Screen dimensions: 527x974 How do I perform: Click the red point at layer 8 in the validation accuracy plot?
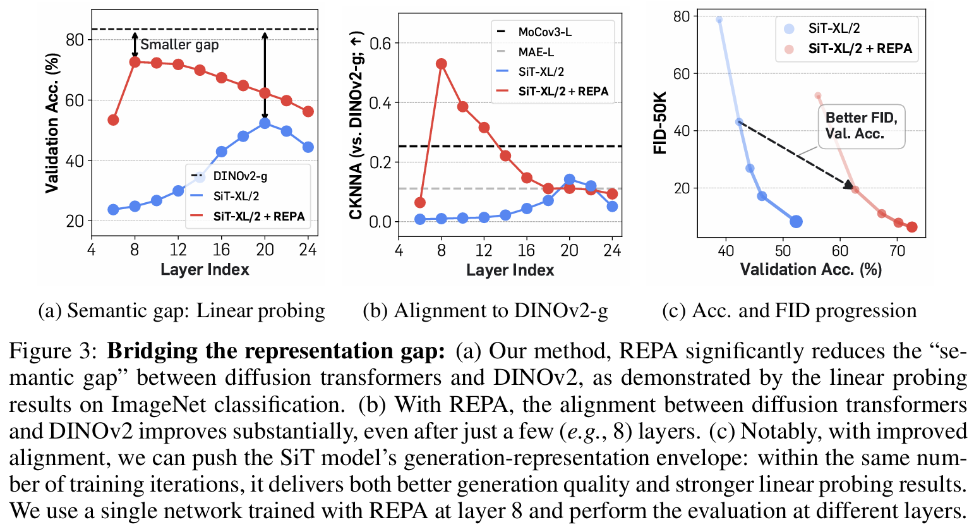tap(135, 62)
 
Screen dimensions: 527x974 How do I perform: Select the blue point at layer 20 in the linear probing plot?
tap(265, 123)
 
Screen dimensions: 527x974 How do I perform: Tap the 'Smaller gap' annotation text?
tap(179, 44)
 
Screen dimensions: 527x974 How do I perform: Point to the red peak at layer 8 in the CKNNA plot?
tap(442, 64)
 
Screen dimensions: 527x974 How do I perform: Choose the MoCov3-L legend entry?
tap(544, 32)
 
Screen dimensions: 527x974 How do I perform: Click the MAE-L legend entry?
tap(536, 52)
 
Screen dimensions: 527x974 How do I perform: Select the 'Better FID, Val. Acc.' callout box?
tap(861, 126)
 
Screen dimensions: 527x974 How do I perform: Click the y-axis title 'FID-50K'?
tap(660, 123)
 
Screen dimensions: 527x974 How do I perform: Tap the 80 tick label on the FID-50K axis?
tap(681, 16)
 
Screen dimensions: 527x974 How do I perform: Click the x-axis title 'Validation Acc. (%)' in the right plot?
tap(810, 269)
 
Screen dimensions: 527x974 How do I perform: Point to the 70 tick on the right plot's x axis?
tap(897, 250)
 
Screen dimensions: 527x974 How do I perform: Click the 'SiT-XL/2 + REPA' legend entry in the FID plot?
tap(860, 49)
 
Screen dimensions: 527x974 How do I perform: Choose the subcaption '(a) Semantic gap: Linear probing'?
tap(182, 311)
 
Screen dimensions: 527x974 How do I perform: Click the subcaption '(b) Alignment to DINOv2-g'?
tap(485, 311)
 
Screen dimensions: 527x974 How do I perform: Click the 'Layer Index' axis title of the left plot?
tap(205, 269)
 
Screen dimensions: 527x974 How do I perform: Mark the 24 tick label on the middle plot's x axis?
tap(612, 250)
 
